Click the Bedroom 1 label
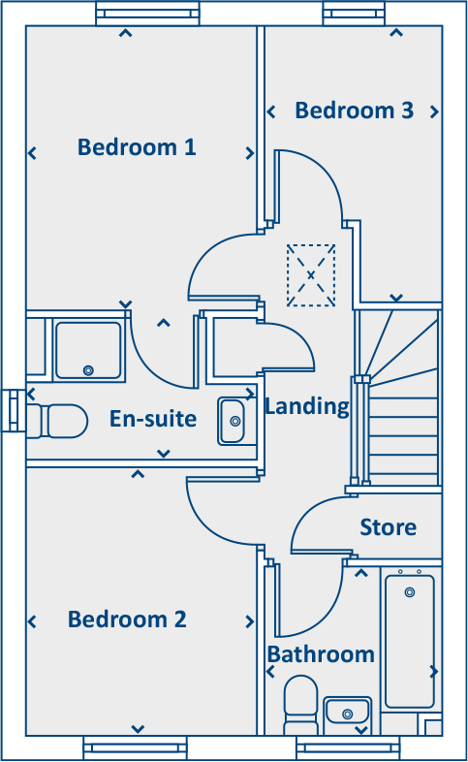pos(137,147)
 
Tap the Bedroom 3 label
pos(355,111)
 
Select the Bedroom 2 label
pos(127,619)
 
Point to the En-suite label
pos(153,420)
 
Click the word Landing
pos(306,406)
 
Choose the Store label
pos(388,527)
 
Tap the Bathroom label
pos(321,654)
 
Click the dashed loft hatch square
pos(311,275)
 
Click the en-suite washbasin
pos(233,421)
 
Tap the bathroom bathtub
pos(410,640)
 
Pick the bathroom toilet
pos(299,705)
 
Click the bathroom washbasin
pos(345,713)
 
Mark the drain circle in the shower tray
pos(88,369)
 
